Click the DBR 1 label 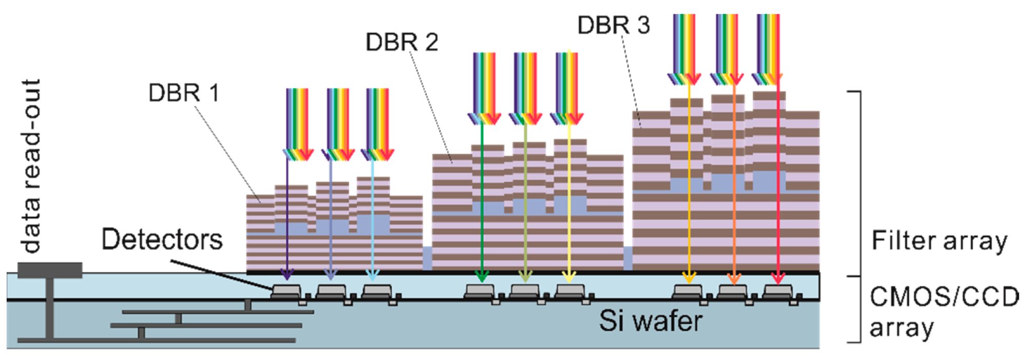[183, 93]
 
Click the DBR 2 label [402, 42]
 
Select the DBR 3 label [614, 25]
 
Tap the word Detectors [162, 239]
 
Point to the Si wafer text [651, 321]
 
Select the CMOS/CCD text [944, 297]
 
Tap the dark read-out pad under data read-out [50, 270]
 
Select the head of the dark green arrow [482, 276]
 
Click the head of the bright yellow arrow [569, 276]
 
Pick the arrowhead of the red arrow [778, 278]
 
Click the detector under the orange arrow [733, 292]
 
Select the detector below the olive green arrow [525, 292]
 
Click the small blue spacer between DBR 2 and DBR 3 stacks [628, 257]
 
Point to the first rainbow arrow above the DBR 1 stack [297, 123]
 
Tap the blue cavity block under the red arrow [769, 181]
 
